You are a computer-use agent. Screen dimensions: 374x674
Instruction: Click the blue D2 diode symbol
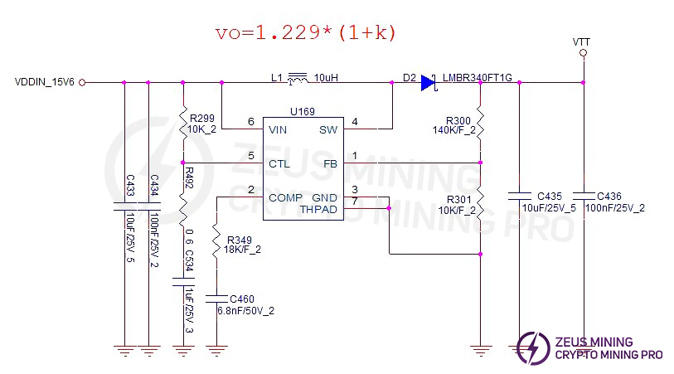point(428,82)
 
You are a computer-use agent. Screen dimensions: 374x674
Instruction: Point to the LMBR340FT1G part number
point(478,77)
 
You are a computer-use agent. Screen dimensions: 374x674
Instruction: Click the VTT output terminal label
point(582,41)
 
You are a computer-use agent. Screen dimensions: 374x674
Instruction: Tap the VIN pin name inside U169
point(279,129)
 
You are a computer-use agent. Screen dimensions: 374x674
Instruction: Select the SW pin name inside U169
point(328,129)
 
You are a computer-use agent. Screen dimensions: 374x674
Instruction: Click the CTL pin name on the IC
point(279,163)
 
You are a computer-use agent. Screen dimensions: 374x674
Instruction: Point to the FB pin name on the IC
point(331,163)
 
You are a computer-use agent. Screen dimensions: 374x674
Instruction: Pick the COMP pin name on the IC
point(285,197)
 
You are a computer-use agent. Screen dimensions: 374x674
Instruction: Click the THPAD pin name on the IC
point(318,209)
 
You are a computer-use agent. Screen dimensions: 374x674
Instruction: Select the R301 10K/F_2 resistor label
point(458,205)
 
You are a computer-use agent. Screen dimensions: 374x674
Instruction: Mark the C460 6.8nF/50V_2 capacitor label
point(246,304)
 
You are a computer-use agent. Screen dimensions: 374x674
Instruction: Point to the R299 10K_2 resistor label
point(203,124)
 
